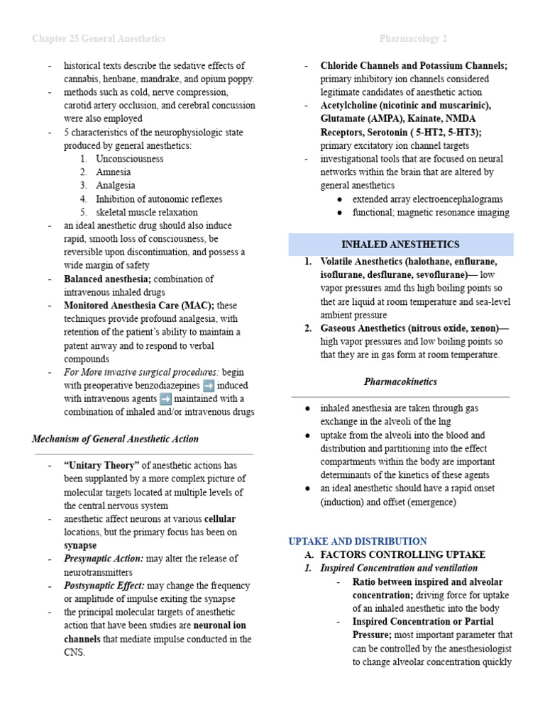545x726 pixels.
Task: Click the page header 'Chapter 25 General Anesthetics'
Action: click(99, 38)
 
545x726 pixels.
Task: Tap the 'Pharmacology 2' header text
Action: click(414, 38)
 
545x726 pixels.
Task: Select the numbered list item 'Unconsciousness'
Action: click(129, 159)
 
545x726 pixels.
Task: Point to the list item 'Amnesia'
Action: click(114, 172)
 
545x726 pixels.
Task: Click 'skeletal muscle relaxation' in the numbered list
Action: click(147, 212)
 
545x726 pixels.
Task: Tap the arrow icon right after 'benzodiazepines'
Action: click(209, 386)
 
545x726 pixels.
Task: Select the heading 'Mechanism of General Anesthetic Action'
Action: click(116, 439)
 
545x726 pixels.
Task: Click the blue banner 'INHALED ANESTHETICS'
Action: click(400, 245)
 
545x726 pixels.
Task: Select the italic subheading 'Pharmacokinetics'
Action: click(400, 382)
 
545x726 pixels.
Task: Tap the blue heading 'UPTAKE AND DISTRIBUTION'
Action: click(358, 541)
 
